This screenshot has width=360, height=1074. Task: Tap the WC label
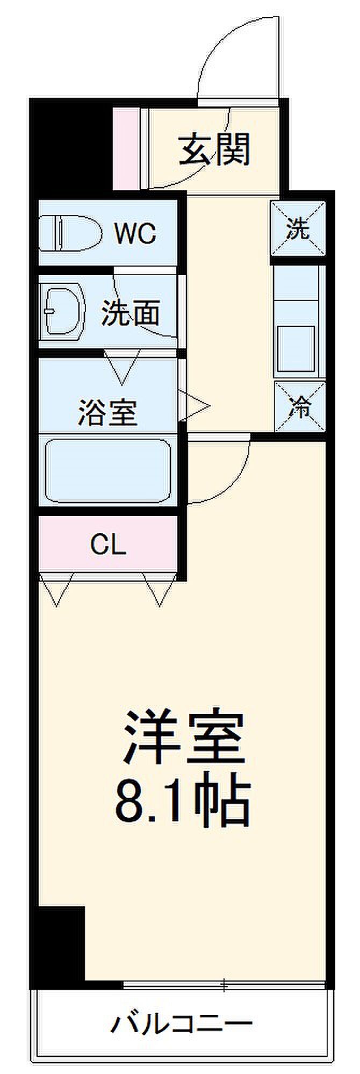tap(136, 233)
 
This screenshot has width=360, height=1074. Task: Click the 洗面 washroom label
tap(132, 313)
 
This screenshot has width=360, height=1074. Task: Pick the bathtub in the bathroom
tap(107, 470)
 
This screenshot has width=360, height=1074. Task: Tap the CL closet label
tap(108, 546)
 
